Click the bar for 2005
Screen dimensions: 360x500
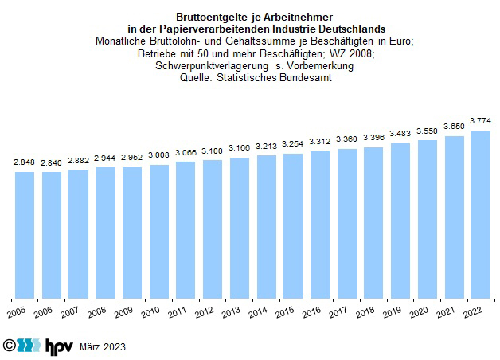tap(25, 232)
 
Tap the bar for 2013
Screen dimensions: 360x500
tap(240, 225)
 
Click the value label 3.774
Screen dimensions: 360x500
tap(481, 120)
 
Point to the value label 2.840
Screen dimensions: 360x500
tap(52, 162)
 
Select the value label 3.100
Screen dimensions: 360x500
tap(213, 151)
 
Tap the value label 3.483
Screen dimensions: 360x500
tap(400, 134)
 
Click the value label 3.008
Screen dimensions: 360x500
tap(159, 155)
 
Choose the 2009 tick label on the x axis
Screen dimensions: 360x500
tap(124, 311)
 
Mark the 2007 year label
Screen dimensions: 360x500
tap(70, 311)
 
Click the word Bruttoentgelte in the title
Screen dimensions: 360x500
tap(209, 17)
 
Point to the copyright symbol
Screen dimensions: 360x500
tap(9, 346)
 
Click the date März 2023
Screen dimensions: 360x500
tap(103, 347)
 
